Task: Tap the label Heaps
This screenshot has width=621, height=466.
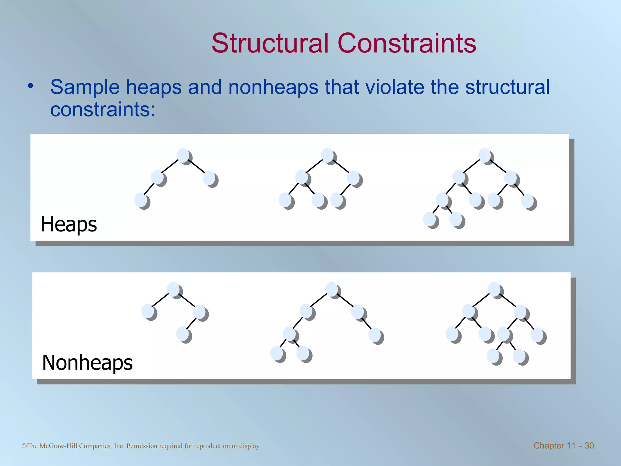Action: click(69, 224)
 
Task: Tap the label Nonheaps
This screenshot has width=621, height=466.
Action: click(87, 363)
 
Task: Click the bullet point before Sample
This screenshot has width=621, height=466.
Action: click(30, 86)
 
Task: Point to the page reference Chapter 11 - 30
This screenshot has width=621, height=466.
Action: click(563, 445)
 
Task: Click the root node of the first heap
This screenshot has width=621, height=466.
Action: click(183, 155)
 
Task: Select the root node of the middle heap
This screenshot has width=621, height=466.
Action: click(327, 155)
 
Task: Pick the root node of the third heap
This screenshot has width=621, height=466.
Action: click(485, 155)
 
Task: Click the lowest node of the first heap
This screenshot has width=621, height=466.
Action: click(141, 200)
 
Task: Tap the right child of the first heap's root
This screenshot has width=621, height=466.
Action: click(209, 178)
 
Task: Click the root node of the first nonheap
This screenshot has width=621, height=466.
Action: click(173, 289)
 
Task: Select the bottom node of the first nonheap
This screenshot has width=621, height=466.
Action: click(183, 334)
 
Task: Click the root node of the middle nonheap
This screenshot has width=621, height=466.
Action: click(332, 289)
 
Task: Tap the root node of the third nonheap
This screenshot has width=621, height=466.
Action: click(495, 289)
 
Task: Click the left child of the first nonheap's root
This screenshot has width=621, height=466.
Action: click(148, 311)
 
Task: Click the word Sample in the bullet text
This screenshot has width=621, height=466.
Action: click(85, 87)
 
